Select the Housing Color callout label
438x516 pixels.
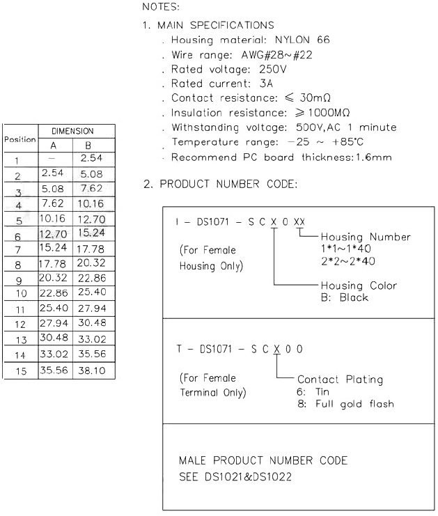pyautogui.click(x=359, y=286)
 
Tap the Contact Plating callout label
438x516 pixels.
pyautogui.click(x=340, y=380)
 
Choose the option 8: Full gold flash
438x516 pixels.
pyautogui.click(x=345, y=404)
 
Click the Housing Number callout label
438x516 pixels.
pyautogui.click(x=366, y=237)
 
